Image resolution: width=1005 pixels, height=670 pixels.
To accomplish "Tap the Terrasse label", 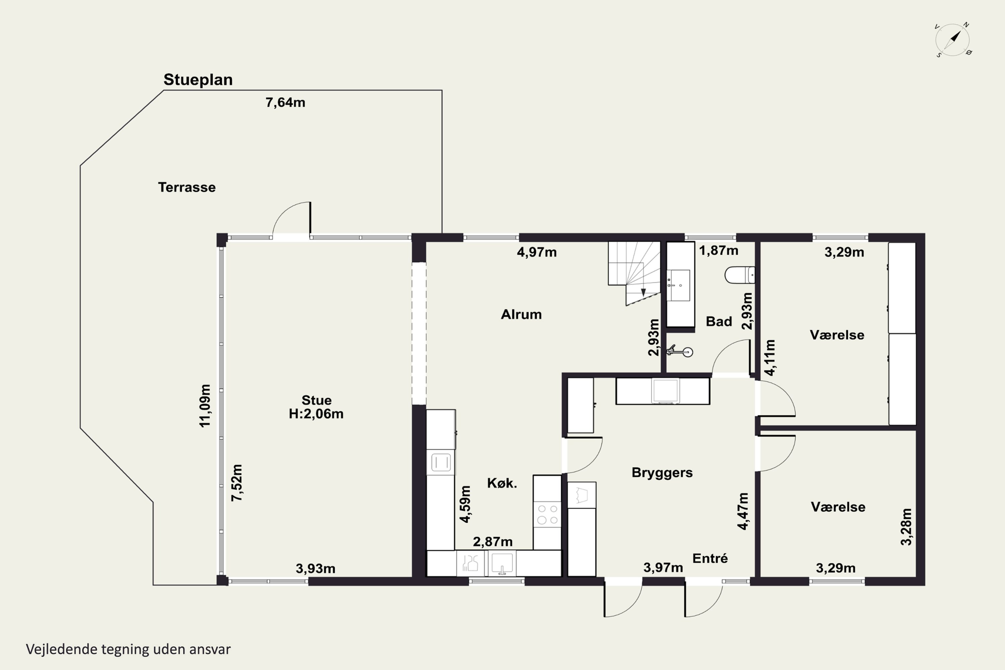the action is (x=187, y=187).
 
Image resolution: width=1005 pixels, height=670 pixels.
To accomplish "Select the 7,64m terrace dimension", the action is (x=285, y=103).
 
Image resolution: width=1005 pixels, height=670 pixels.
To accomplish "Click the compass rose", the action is (x=952, y=40).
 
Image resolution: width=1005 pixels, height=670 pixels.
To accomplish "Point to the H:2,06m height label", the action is (x=316, y=414).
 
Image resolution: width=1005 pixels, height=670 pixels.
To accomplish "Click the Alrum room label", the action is (x=521, y=315).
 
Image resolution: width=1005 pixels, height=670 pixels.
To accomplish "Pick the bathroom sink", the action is (x=679, y=285).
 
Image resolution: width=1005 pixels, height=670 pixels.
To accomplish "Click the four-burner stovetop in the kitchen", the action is (x=547, y=514).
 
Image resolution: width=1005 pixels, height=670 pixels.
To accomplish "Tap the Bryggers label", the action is (x=662, y=473).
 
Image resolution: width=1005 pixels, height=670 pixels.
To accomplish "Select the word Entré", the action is (x=710, y=558).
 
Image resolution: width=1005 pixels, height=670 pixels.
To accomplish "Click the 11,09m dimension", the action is (x=205, y=405).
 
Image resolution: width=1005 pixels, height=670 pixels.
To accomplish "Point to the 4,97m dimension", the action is (x=537, y=252).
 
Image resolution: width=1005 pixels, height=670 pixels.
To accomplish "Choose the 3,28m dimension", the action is (x=906, y=527).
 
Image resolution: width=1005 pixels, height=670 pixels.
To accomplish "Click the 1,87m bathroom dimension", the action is (x=718, y=250).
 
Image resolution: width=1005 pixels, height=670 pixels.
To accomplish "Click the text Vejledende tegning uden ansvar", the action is (x=128, y=649).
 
